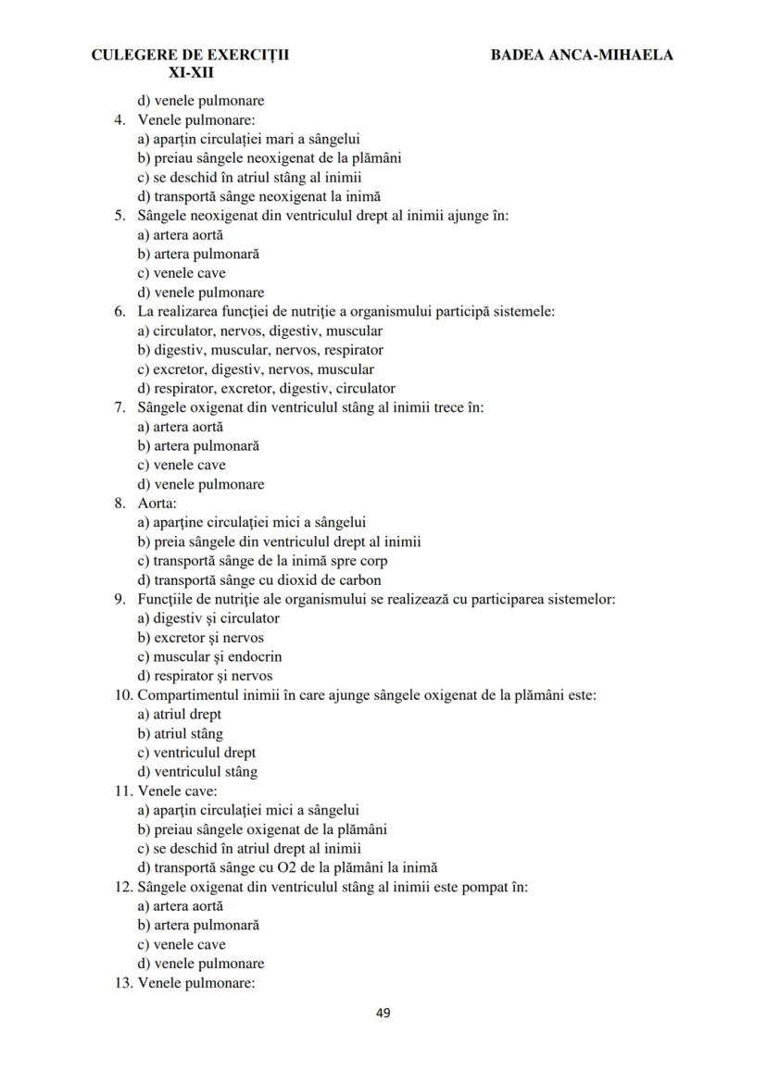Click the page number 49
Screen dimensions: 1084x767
point(383,1013)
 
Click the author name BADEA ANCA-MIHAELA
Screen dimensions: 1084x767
point(582,55)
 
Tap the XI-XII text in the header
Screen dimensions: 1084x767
point(191,71)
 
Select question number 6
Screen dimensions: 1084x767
point(120,312)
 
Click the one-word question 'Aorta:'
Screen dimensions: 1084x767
point(157,504)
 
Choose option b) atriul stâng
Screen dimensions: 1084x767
point(180,734)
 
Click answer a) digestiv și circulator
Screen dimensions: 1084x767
point(208,618)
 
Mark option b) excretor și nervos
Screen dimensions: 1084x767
point(200,638)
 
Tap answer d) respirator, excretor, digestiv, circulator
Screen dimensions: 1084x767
point(266,389)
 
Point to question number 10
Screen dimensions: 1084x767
point(122,695)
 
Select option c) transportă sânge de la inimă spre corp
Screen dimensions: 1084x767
point(262,561)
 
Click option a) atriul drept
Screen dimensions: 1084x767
point(179,715)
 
